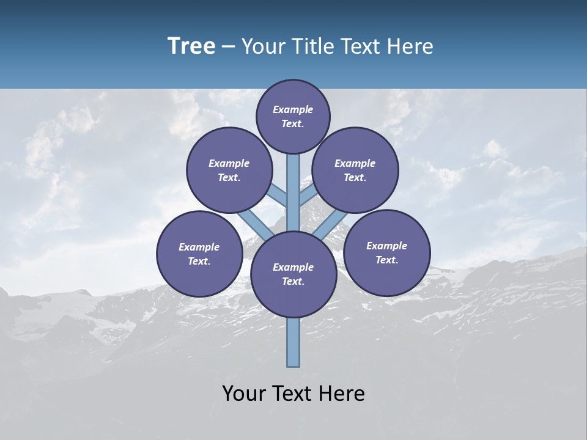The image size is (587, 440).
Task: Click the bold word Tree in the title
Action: pyautogui.click(x=191, y=46)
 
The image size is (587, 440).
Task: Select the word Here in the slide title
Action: pyautogui.click(x=410, y=46)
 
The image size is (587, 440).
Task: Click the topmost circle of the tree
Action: pyautogui.click(x=293, y=116)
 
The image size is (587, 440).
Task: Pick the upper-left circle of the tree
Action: pyautogui.click(x=229, y=170)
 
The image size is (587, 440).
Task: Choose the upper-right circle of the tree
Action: pyautogui.click(x=355, y=170)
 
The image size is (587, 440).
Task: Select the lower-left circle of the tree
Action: pyautogui.click(x=199, y=254)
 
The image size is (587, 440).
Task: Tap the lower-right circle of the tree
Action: pyautogui.click(x=386, y=252)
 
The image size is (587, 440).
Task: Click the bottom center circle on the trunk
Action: pyautogui.click(x=293, y=274)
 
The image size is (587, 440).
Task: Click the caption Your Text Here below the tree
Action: pyautogui.click(x=293, y=394)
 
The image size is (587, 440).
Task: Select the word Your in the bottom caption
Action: pyautogui.click(x=244, y=394)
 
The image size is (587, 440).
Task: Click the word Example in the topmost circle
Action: pyautogui.click(x=293, y=109)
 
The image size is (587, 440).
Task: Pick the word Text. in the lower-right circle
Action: pyautogui.click(x=386, y=260)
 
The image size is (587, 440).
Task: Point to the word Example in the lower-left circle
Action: pyautogui.click(x=199, y=247)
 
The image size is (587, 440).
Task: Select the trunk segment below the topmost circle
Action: pyautogui.click(x=293, y=183)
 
